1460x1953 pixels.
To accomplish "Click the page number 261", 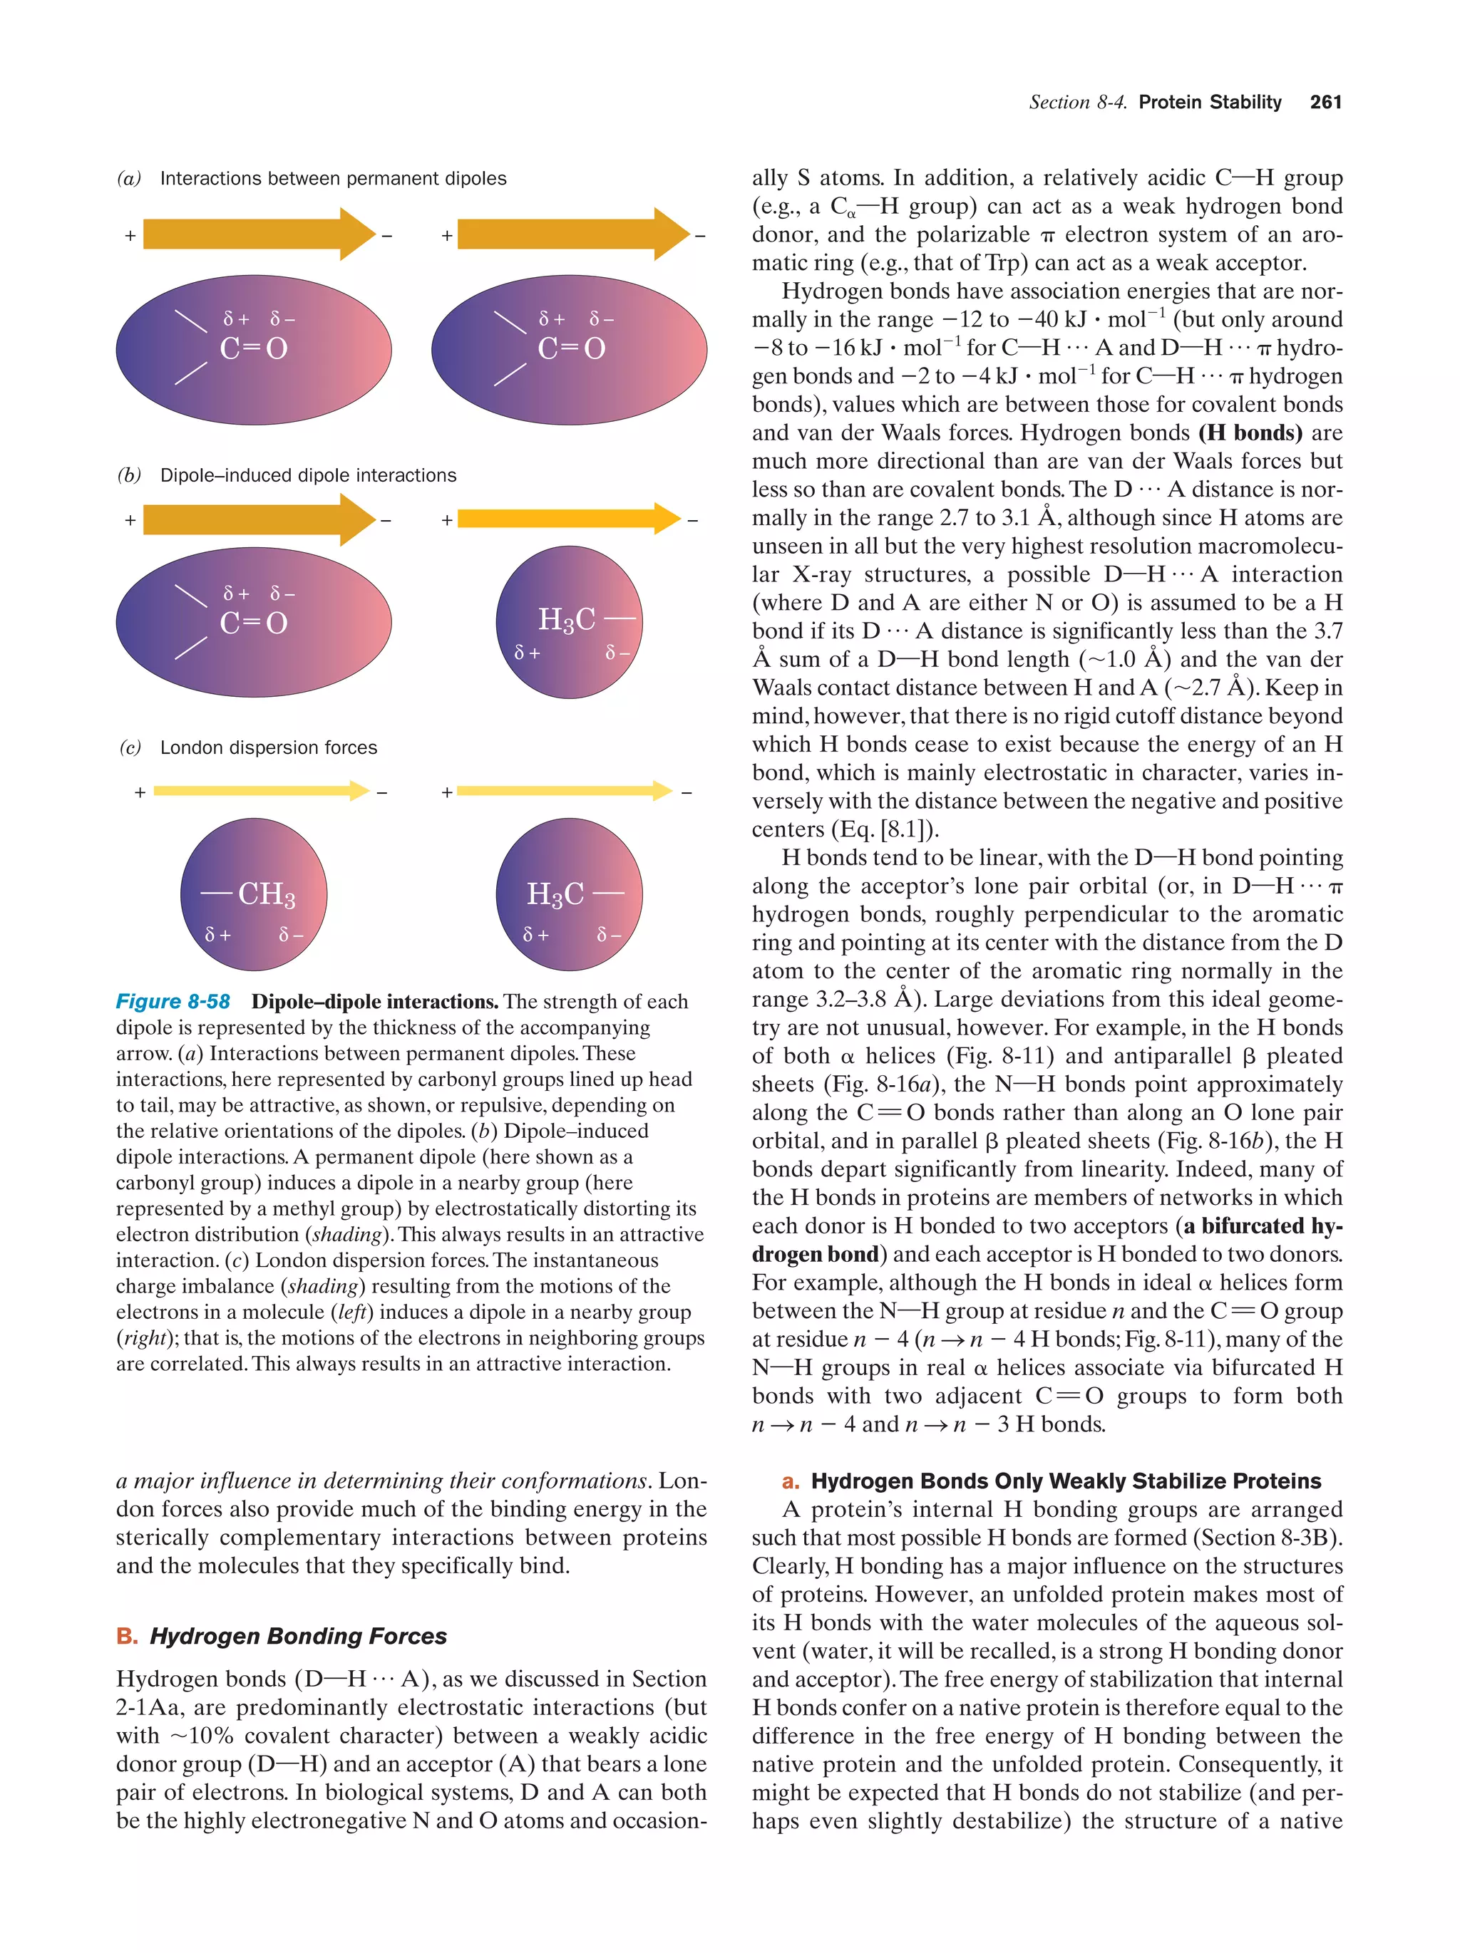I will pos(1325,103).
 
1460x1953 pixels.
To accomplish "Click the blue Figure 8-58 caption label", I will pos(173,1001).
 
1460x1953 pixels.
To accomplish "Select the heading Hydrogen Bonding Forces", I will pos(298,1636).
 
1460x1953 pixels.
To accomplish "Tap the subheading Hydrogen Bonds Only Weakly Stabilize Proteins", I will pos(1066,1481).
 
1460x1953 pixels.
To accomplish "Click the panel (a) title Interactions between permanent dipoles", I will pos(333,178).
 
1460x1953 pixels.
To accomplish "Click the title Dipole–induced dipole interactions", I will pos(308,475).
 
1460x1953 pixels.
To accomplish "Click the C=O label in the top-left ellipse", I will pos(254,348).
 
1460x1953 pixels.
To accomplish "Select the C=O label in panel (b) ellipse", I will pos(254,623).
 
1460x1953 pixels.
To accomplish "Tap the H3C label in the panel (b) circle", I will pos(566,620).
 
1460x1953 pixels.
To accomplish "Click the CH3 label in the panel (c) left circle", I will pos(266,894).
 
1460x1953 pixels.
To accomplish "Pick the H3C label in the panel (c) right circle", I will pos(555,894).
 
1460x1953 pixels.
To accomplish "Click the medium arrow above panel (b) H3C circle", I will pos(568,519).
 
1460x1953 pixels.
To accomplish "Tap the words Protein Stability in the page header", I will pos(1209,103).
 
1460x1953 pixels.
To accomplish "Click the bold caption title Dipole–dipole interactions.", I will pos(374,1001).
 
